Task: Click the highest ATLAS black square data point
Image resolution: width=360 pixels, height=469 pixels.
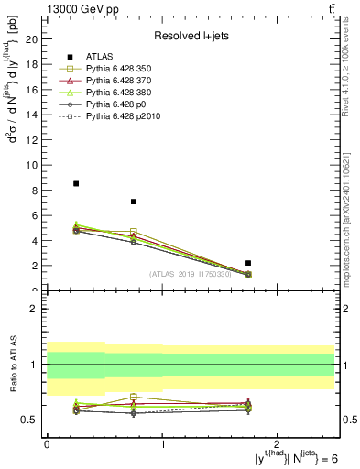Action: click(x=76, y=183)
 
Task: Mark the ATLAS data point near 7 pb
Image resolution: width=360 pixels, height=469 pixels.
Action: click(x=134, y=202)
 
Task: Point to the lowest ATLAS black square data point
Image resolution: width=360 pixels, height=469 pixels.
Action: click(x=248, y=263)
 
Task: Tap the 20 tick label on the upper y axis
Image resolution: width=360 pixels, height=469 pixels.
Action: click(x=31, y=39)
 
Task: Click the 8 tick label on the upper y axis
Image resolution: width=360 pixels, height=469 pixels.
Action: click(x=34, y=191)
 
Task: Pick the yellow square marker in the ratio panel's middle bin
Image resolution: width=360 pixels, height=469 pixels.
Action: click(x=134, y=397)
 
